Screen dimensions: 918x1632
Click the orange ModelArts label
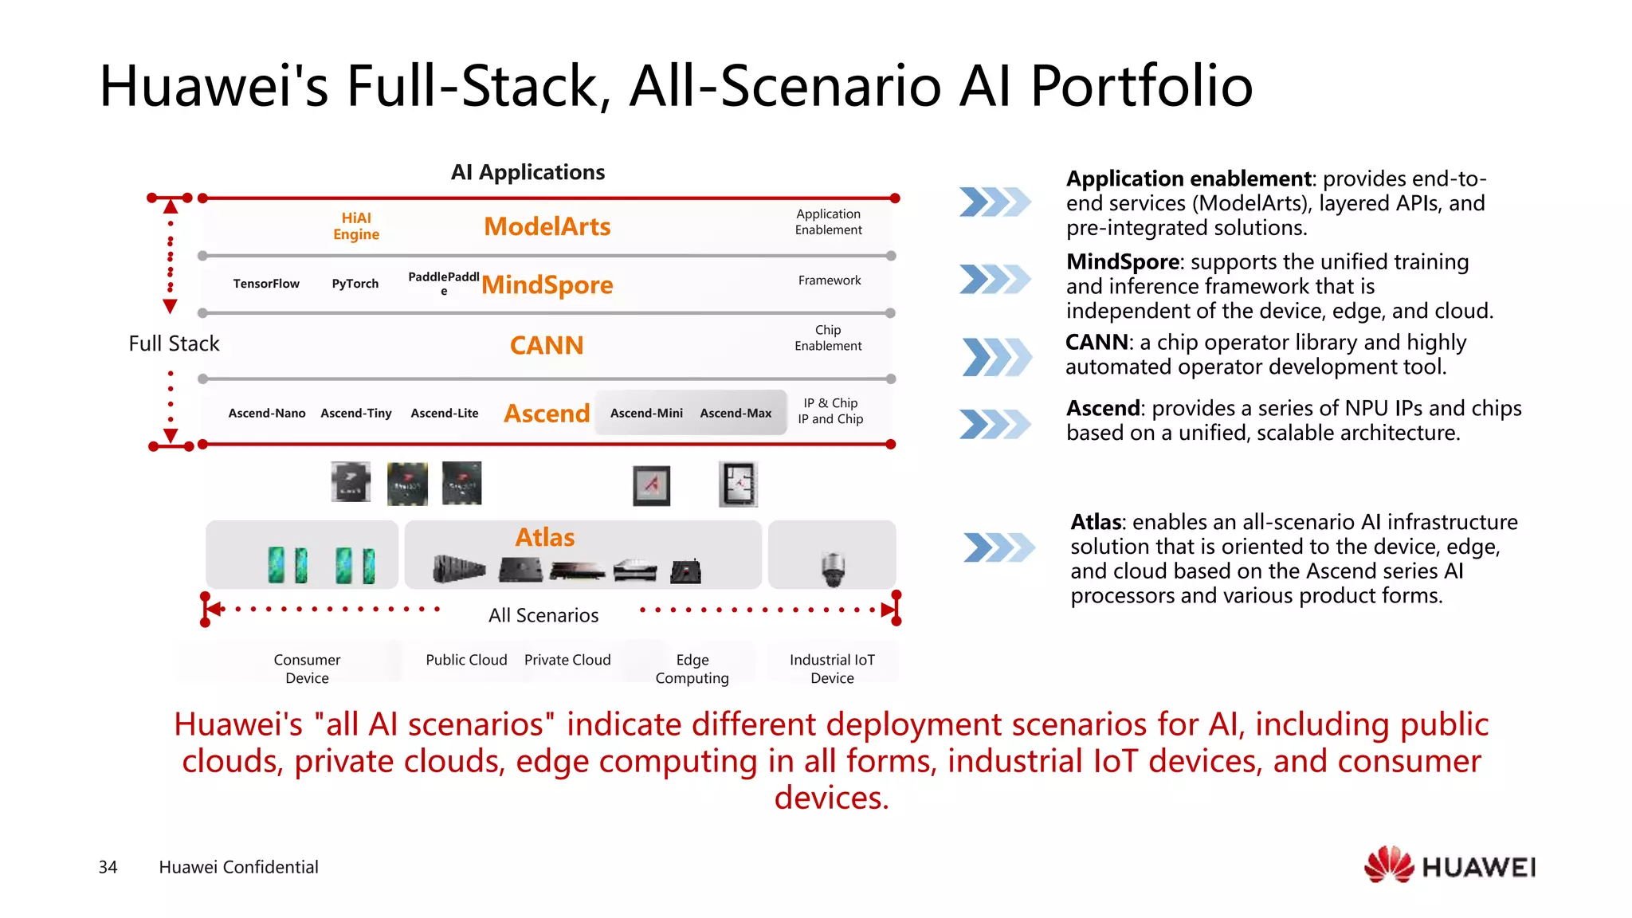[547, 227]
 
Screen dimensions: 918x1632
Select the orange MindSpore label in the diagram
[547, 285]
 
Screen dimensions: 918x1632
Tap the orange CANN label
[547, 346]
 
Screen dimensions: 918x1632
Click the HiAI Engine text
[356, 226]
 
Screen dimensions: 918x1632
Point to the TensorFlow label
[266, 284]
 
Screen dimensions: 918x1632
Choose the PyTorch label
[355, 284]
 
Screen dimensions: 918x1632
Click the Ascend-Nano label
[267, 414]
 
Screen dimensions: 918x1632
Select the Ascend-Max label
[736, 414]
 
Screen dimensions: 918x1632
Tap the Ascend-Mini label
[646, 414]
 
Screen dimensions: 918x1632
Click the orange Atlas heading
[545, 538]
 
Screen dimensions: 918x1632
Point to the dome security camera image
[833, 568]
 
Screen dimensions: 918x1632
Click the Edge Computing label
[692, 669]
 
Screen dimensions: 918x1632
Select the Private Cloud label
[567, 661]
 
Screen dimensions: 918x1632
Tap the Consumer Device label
[307, 669]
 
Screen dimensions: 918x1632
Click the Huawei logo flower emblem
[1388, 865]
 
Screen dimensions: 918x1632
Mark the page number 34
[108, 868]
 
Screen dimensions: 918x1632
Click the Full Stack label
[174, 344]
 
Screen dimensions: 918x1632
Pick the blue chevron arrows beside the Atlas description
[998, 547]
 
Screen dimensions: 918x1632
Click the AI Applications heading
[528, 173]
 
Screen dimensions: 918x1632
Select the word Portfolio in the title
[1141, 86]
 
